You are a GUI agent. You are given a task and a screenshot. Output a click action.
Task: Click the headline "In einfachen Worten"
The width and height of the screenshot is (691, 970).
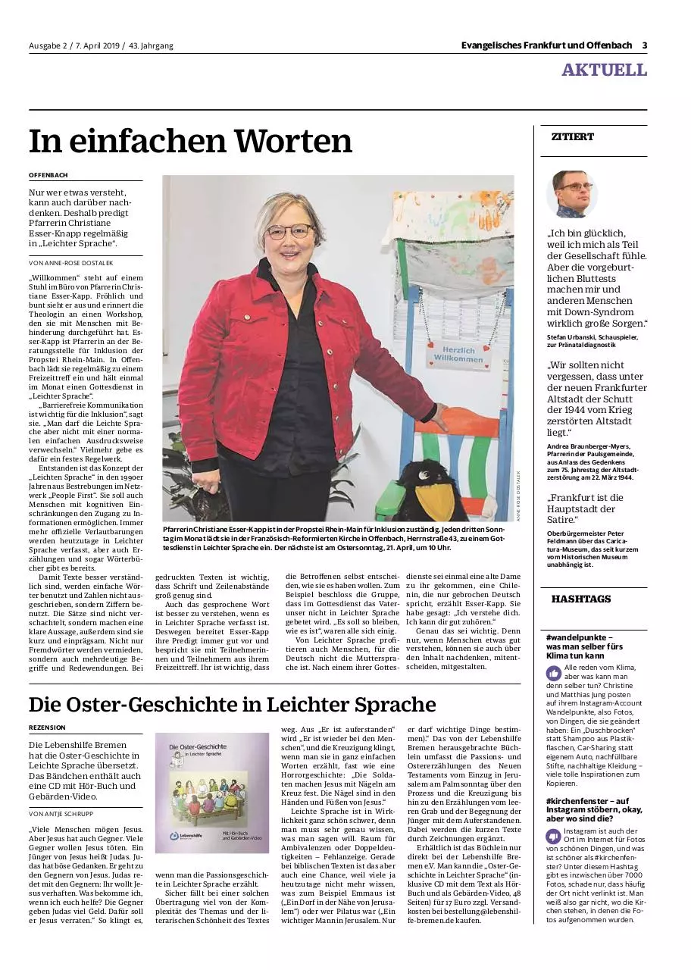191,142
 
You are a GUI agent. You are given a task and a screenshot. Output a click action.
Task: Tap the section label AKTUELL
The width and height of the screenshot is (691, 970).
604,70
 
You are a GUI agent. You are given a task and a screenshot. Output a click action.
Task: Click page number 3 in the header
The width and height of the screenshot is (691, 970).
644,45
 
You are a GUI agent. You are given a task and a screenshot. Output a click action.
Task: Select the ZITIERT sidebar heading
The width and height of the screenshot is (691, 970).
572,137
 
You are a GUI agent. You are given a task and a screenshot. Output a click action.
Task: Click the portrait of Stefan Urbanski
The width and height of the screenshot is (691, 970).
572,194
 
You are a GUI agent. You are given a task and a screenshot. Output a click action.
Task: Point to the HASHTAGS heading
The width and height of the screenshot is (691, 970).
580,599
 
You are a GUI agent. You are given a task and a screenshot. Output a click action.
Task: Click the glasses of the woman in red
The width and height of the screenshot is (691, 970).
289,231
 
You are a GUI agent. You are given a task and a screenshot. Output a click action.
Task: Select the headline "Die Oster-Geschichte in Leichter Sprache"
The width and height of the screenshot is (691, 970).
232,705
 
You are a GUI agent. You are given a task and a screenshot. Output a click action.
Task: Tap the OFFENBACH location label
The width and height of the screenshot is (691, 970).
48,175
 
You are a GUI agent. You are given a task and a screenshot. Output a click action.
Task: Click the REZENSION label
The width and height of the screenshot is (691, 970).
47,727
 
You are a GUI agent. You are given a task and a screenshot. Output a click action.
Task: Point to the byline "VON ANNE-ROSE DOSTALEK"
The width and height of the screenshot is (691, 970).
70,262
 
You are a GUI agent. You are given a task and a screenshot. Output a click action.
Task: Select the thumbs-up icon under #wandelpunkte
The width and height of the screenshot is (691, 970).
554,672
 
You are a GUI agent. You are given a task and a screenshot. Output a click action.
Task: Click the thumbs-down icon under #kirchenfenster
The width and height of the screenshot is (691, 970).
554,836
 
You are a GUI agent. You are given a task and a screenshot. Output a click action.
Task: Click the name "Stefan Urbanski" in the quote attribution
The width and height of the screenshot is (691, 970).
572,336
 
